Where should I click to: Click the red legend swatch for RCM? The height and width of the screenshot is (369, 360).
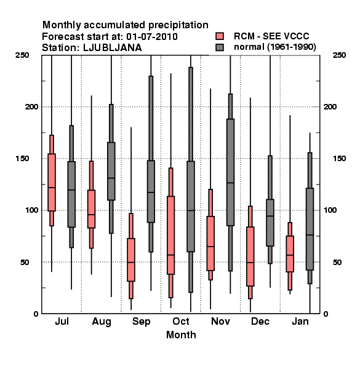click(x=220, y=36)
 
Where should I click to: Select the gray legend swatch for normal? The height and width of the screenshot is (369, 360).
click(x=220, y=47)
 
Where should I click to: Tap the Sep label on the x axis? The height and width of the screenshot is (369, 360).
click(x=142, y=322)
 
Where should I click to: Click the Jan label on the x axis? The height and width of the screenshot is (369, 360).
click(x=300, y=321)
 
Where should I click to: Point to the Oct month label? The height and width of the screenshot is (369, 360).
click(x=181, y=321)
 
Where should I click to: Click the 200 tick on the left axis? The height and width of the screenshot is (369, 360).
click(x=31, y=106)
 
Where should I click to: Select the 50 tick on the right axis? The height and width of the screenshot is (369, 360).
click(x=337, y=262)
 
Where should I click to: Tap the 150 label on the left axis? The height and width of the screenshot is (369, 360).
click(x=23, y=159)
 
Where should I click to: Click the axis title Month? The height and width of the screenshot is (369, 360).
click(x=181, y=335)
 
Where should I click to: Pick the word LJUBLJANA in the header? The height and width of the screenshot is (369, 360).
click(x=113, y=48)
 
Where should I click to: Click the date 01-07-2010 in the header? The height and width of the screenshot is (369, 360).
click(x=152, y=37)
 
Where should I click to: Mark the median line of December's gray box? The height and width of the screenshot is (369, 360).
click(x=270, y=216)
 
